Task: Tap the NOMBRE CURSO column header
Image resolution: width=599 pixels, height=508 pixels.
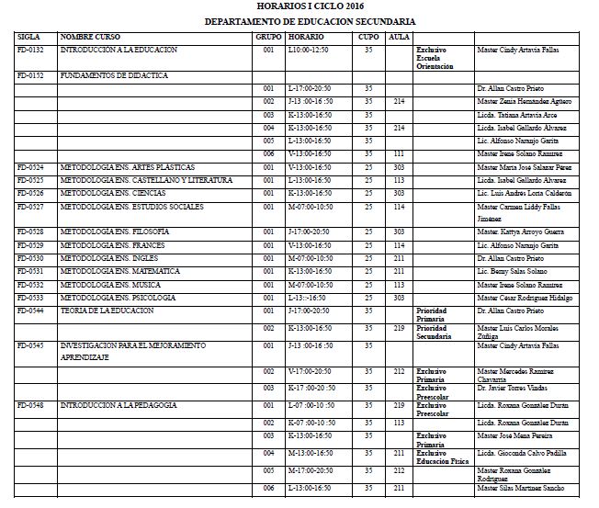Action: (90, 36)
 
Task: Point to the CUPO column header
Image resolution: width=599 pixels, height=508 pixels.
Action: (367, 36)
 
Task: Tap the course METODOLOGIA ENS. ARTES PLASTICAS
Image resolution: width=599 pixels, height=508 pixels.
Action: (127, 167)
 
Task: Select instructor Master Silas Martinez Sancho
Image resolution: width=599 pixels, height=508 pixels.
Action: (521, 488)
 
